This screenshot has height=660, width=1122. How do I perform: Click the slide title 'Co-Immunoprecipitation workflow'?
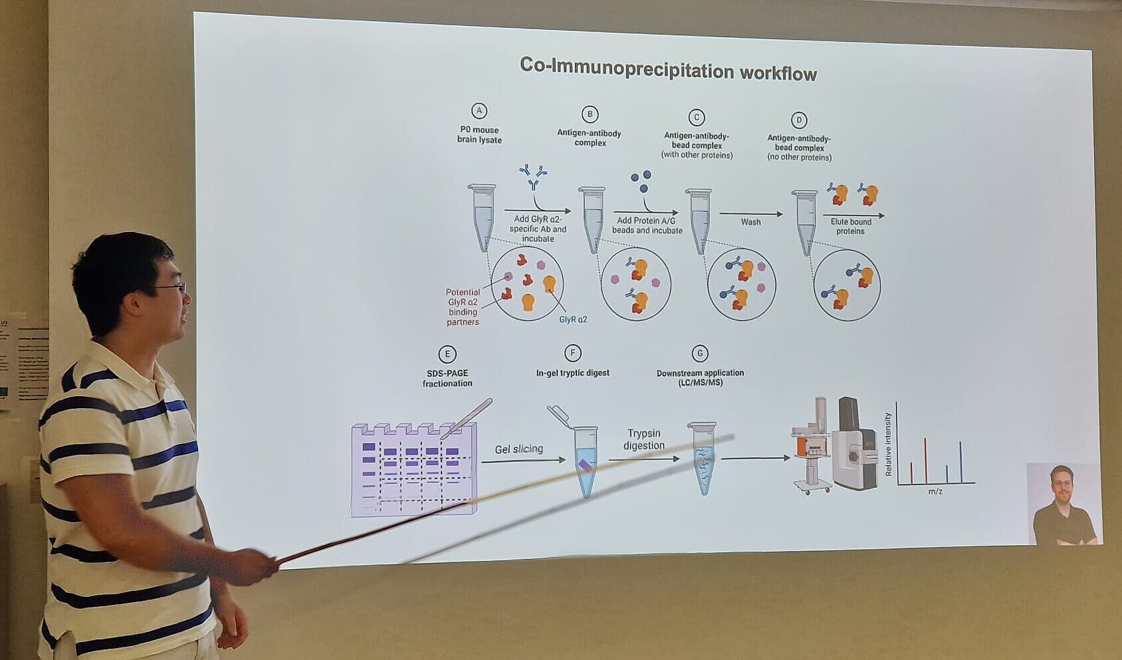[668, 68]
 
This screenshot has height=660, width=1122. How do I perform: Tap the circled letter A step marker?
[479, 111]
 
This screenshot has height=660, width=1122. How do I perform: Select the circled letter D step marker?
[799, 120]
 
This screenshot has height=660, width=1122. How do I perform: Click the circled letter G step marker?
[700, 354]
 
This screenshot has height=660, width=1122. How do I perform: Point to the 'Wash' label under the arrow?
[751, 222]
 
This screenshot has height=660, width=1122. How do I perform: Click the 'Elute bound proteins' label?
[851, 227]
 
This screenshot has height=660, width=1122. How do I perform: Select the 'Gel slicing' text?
[519, 449]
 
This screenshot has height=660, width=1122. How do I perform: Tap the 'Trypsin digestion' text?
[644, 439]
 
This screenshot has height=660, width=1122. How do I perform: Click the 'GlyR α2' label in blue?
[573, 320]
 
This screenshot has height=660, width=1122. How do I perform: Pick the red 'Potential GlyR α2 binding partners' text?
[463, 306]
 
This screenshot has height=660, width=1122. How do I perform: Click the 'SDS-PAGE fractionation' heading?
[447, 378]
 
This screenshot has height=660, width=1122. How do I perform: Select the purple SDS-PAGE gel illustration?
[413, 469]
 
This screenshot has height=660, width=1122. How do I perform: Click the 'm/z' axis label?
[935, 491]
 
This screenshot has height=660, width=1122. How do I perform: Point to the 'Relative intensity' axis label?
[888, 444]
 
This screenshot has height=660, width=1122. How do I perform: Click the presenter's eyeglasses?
[171, 287]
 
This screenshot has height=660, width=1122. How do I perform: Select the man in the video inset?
[1064, 506]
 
